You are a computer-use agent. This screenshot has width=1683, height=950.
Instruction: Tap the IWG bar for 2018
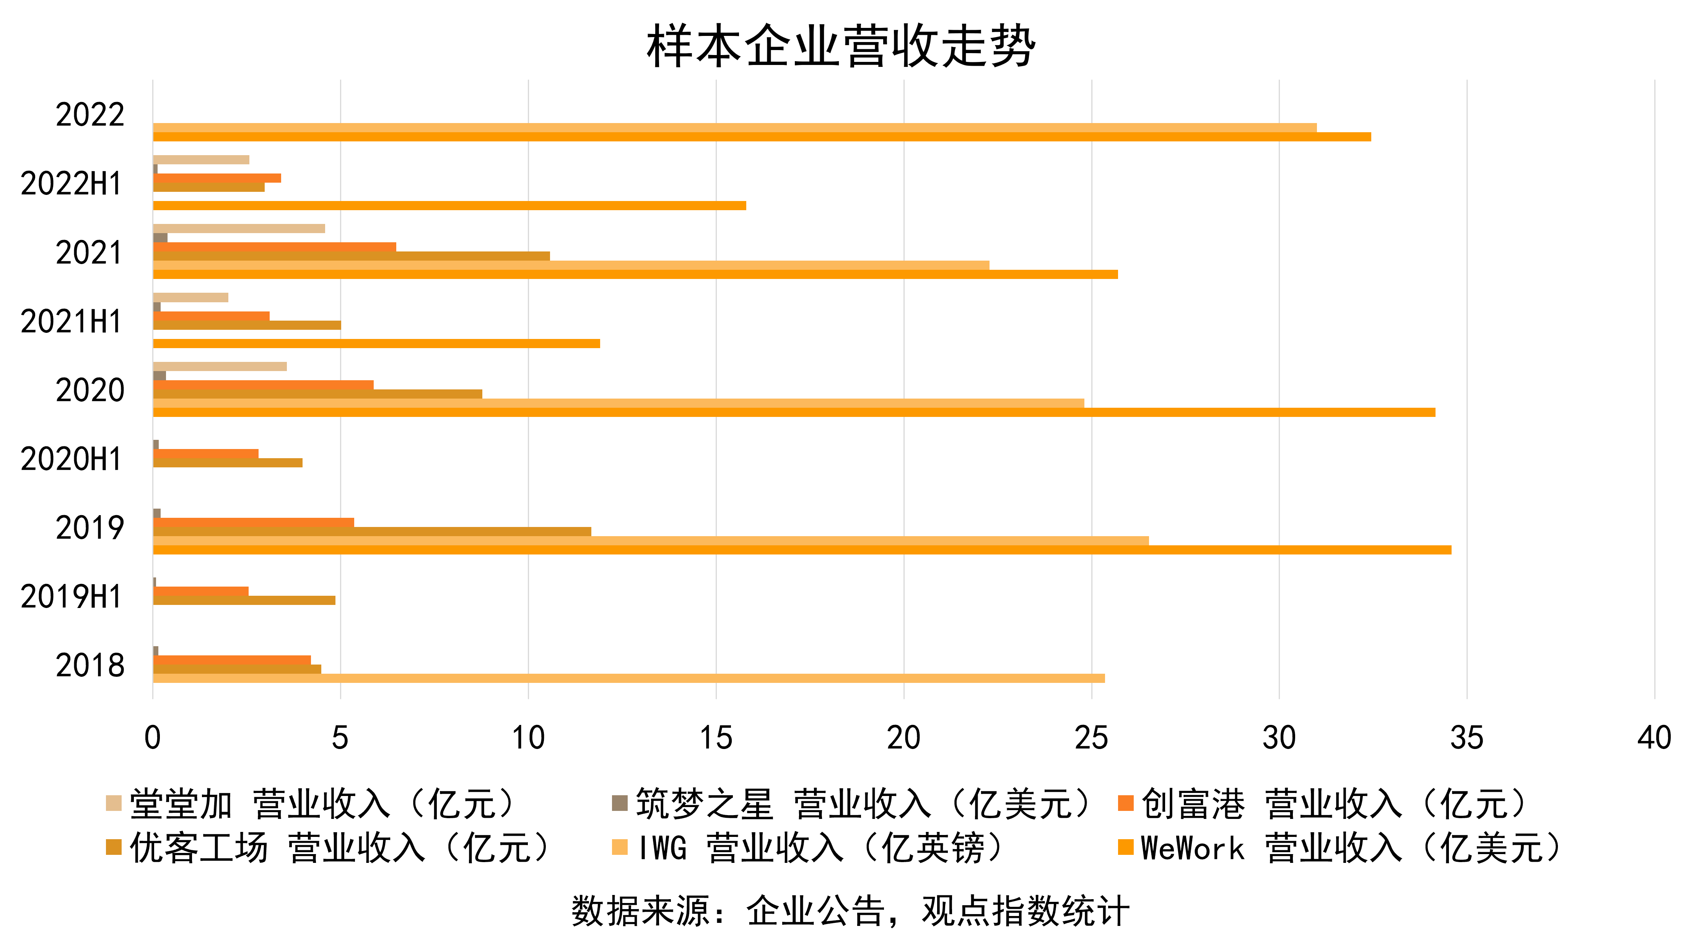tap(628, 678)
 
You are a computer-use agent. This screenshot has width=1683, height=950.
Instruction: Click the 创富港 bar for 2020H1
tap(206, 454)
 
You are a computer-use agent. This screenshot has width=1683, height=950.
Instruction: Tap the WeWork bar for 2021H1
tap(376, 344)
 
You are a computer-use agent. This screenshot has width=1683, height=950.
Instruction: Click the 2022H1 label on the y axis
tap(70, 183)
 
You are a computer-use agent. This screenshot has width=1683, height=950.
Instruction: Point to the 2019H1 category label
tap(70, 597)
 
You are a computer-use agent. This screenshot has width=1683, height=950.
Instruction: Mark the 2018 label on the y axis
tap(90, 665)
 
